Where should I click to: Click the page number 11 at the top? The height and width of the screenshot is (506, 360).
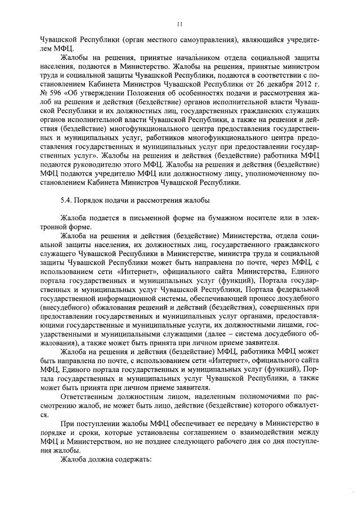[x=179, y=24]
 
